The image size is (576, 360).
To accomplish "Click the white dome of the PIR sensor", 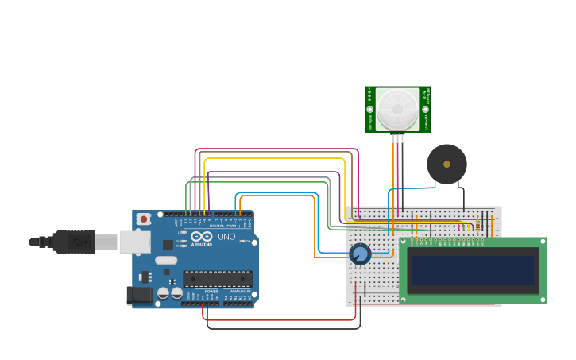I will coord(397,108).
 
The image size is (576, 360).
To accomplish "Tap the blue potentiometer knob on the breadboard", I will coord(360,254).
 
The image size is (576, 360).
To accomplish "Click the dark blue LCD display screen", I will coord(474,270).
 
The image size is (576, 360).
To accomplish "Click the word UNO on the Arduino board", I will coord(226,236).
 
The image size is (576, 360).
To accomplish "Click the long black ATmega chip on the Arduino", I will coord(218,279).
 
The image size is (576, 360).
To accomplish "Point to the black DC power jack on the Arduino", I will coord(140,296).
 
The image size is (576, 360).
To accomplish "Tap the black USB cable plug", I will coord(75,242).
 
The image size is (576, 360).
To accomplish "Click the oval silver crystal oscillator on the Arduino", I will coord(166,261).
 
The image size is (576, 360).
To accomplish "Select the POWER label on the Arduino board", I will coord(211,292).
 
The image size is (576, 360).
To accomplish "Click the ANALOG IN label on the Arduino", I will coord(239,292).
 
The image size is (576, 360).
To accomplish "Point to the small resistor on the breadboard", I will coord(477,227).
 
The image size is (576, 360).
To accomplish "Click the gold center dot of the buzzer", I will coord(446,165).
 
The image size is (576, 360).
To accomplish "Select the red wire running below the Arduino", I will coord(278,319).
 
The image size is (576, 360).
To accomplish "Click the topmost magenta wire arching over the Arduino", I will coord(278,149).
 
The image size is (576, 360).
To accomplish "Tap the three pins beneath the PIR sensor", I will coord(397,138).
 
